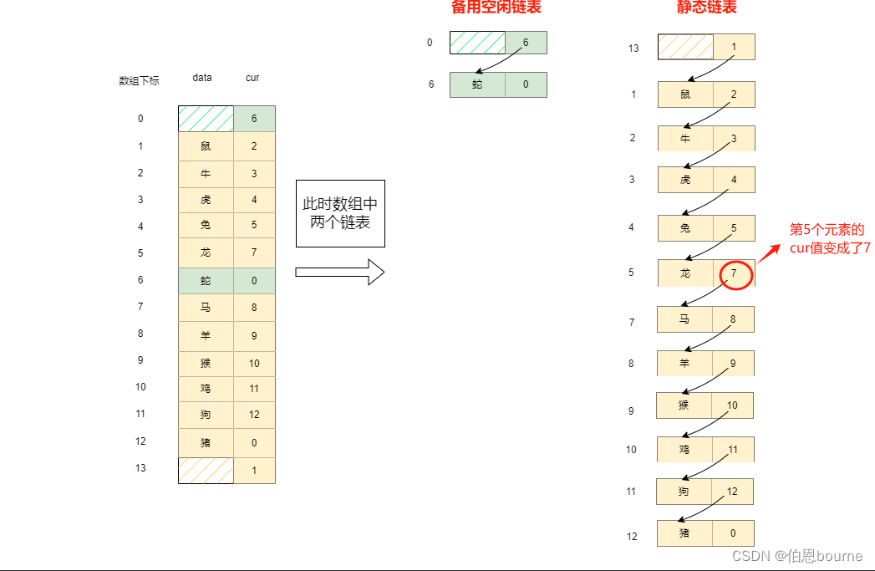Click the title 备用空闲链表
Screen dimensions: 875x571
(496, 8)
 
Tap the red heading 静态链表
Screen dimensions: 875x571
(706, 8)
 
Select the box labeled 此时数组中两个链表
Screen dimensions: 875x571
(340, 213)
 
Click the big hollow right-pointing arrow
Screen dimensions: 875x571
(339, 272)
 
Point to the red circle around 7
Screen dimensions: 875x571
(735, 273)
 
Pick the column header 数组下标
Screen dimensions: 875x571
(140, 81)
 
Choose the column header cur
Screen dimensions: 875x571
(252, 78)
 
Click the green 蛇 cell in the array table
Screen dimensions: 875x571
(206, 281)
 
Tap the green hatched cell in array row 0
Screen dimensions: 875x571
(206, 119)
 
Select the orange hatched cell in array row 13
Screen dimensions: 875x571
(206, 470)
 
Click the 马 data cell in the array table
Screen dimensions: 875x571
(206, 308)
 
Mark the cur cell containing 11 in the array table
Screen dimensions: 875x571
(254, 389)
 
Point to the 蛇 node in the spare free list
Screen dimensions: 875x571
(477, 84)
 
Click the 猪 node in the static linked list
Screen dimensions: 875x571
(685, 533)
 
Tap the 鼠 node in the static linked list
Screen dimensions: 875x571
(685, 94)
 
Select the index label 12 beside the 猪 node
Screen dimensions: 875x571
(633, 536)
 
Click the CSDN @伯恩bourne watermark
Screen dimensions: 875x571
(796, 556)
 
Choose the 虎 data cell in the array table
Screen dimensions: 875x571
(206, 201)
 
